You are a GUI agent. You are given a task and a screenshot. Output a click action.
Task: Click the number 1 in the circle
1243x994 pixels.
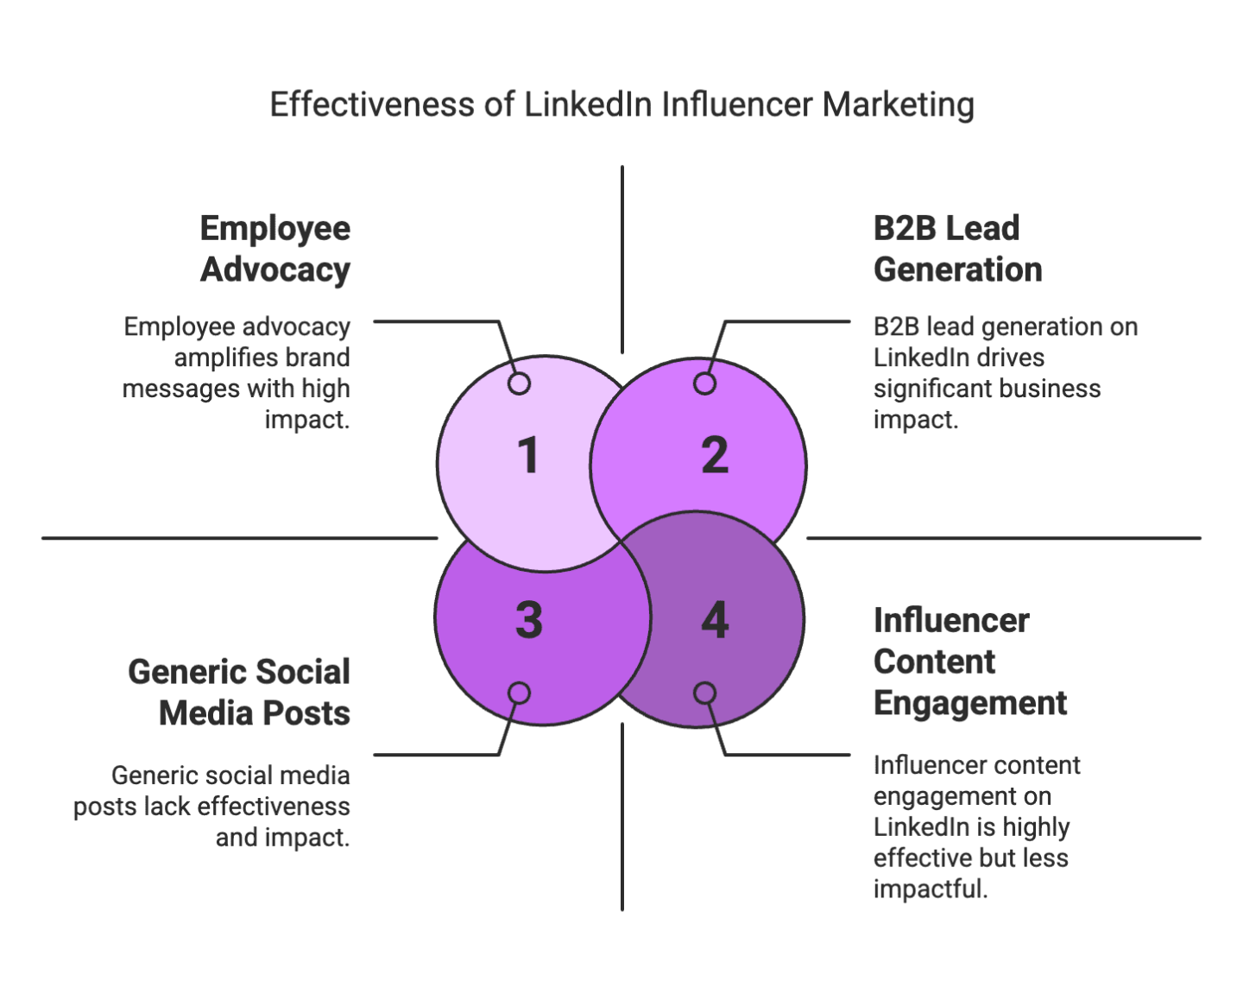(x=528, y=455)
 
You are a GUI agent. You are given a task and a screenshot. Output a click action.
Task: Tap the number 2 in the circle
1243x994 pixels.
(x=715, y=455)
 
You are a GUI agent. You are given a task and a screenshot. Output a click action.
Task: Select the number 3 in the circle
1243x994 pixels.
(x=528, y=620)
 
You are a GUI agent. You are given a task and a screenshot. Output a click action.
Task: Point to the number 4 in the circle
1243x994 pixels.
(x=715, y=620)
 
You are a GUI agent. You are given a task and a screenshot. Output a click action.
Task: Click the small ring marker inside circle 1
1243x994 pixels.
(x=519, y=383)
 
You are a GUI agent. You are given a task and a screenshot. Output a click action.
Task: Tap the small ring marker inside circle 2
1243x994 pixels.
(x=705, y=383)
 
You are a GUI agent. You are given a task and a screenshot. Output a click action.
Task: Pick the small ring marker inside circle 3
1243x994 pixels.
(x=519, y=693)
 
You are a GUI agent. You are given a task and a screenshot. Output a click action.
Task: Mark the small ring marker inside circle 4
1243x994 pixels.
(x=705, y=693)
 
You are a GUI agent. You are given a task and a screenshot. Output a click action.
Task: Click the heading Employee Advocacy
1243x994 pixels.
(x=275, y=249)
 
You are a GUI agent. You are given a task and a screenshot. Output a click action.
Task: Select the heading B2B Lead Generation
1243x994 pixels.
(x=956, y=249)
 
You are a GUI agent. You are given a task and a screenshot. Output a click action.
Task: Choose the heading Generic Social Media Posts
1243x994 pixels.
(x=239, y=693)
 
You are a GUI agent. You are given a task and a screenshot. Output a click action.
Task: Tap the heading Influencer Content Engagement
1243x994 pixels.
(x=969, y=662)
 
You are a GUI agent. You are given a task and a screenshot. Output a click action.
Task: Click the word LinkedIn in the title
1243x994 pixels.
(x=588, y=104)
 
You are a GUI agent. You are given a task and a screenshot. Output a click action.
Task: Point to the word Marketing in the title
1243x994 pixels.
(x=898, y=104)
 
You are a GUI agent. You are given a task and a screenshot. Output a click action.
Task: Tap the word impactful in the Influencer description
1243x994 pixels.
(x=929, y=889)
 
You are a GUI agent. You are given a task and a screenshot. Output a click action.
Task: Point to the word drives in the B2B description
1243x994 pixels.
(x=1019, y=358)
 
